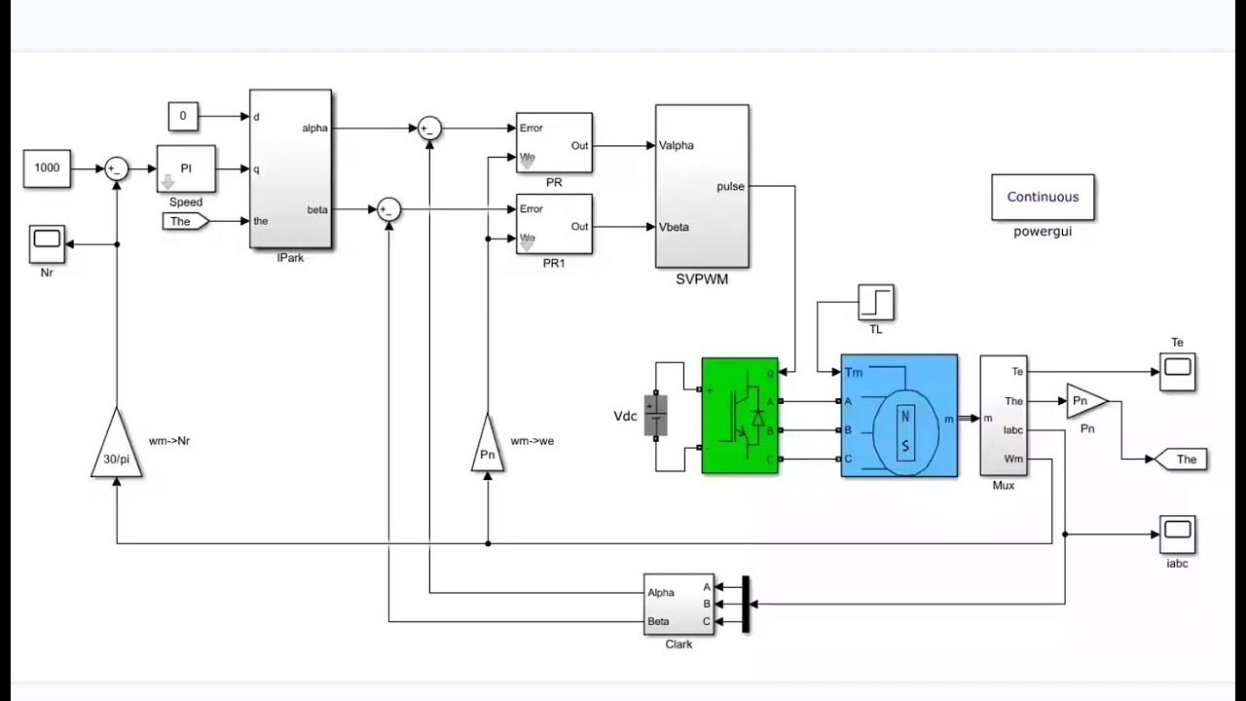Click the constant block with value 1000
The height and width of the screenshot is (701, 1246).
tap(47, 167)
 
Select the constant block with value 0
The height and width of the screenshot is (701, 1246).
tap(182, 117)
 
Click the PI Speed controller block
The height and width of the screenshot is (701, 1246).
tap(186, 168)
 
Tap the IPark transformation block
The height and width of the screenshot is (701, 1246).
tap(290, 169)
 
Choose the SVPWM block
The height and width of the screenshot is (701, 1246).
tap(702, 185)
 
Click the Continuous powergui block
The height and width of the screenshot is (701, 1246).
tap(1043, 197)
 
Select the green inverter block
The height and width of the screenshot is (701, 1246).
tap(740, 416)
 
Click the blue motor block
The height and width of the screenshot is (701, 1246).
tap(898, 416)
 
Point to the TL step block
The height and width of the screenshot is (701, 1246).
tap(875, 303)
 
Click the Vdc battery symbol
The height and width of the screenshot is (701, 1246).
tap(658, 416)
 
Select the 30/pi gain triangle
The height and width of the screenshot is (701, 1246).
tap(116, 447)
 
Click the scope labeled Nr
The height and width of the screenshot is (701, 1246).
tap(47, 239)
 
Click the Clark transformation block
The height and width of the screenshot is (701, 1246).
tap(678, 604)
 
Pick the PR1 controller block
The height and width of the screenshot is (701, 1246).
tap(554, 224)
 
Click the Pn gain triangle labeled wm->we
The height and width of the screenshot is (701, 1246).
tap(488, 447)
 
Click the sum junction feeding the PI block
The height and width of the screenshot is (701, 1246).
tap(117, 168)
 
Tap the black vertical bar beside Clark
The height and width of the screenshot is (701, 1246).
tap(746, 604)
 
